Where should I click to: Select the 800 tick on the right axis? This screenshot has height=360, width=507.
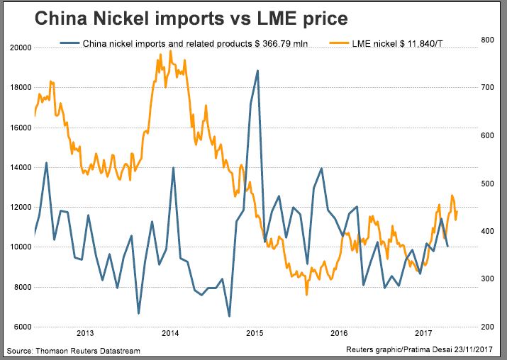point(488,40)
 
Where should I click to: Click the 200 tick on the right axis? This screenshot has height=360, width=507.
point(488,327)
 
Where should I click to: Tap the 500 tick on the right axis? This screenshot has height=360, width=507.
point(488,184)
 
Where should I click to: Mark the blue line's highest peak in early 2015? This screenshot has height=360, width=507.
point(257,70)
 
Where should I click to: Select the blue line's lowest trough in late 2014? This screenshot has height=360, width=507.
point(229,316)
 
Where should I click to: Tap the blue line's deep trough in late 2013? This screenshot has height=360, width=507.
point(138,313)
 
